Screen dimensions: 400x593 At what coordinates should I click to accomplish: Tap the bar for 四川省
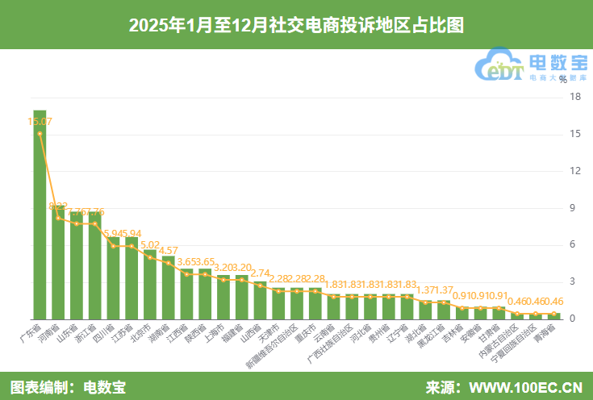pos(114,278)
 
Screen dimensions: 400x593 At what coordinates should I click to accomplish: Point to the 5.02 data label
pos(151,244)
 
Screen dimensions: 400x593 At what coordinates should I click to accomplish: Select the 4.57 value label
pos(169,251)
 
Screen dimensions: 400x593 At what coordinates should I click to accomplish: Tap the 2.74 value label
pos(261,273)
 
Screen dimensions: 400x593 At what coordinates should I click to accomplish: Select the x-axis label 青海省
pos(547,333)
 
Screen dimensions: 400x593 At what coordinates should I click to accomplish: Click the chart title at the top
pos(296,24)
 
